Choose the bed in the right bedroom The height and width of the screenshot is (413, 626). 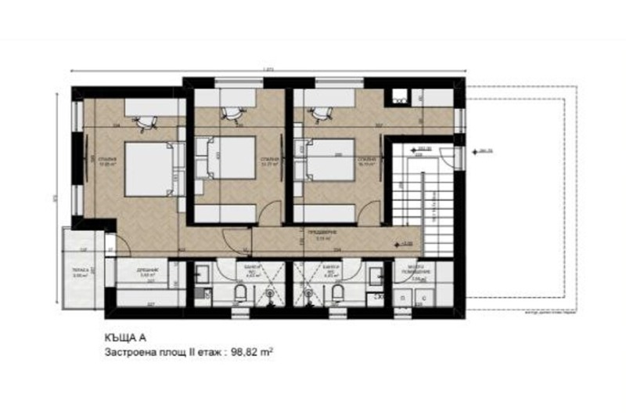click(x=329, y=164)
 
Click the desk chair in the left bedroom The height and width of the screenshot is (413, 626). click(x=142, y=122)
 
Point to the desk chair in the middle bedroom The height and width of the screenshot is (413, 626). click(x=231, y=113)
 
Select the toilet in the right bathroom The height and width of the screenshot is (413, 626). click(x=337, y=292)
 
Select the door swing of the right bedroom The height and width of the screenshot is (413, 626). click(x=372, y=213)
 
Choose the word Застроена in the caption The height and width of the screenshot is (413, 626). click(x=128, y=353)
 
